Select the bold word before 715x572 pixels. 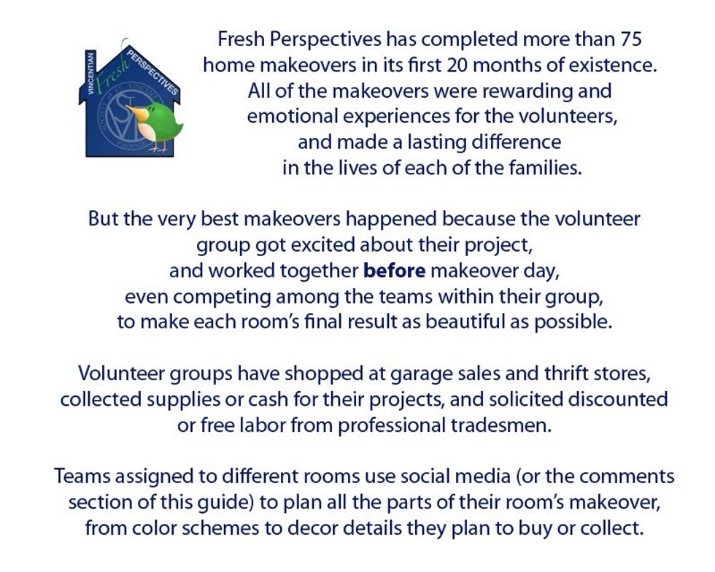click(x=395, y=271)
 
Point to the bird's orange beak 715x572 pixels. click(x=132, y=112)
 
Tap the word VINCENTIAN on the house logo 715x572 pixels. click(x=90, y=74)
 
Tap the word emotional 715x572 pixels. click(x=293, y=116)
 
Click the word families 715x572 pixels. click(x=546, y=169)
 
